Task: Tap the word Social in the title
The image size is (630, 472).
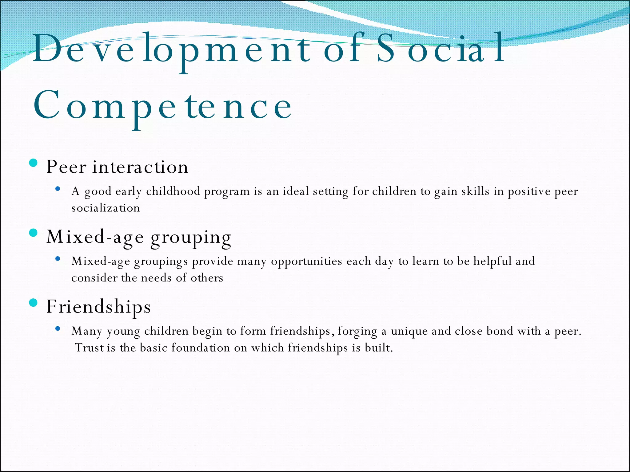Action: (x=440, y=49)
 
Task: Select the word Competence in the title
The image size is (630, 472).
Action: (x=162, y=106)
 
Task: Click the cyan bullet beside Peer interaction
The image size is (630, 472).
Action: (x=33, y=163)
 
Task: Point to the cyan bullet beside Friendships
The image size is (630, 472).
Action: (x=33, y=303)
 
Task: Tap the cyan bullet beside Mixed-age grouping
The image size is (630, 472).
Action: (x=33, y=233)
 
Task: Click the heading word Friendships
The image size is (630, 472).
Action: (x=98, y=307)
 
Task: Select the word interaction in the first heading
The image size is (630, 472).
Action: (x=140, y=167)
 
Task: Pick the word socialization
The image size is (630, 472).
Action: (x=106, y=208)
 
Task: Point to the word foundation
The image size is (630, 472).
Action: (x=201, y=348)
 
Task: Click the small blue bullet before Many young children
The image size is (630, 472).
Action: (x=58, y=328)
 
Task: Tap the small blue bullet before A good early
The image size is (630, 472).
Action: (x=58, y=189)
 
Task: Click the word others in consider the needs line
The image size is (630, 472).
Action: (x=207, y=278)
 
